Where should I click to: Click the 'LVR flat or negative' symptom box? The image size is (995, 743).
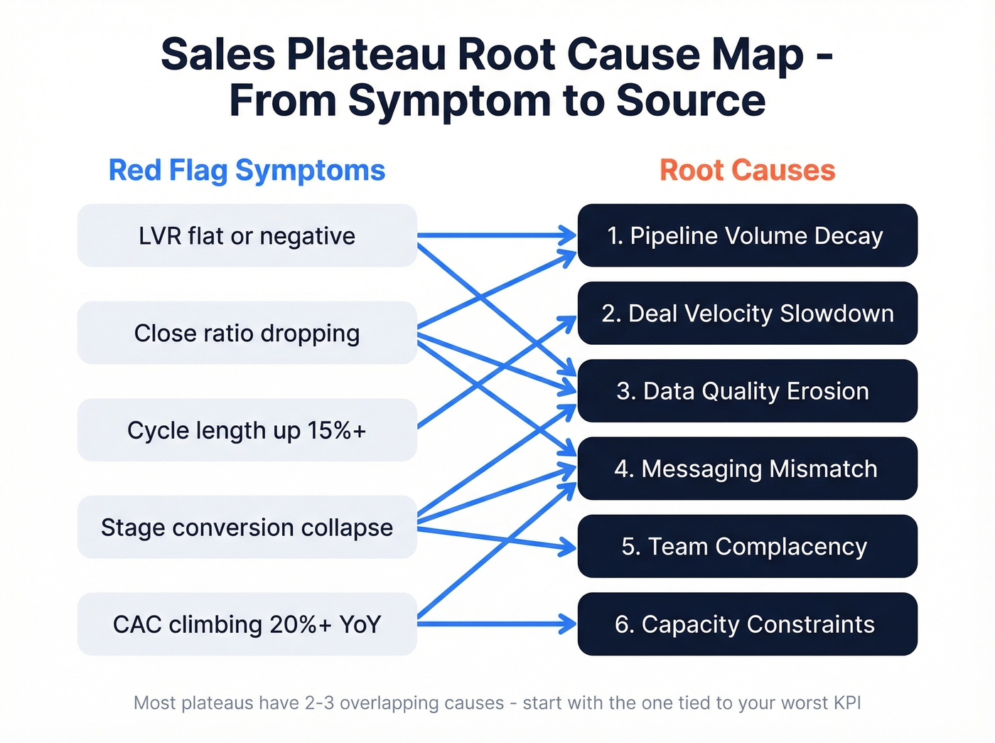click(x=247, y=235)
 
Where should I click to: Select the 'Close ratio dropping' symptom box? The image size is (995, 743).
click(x=247, y=333)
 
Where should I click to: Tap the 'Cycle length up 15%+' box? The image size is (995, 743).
click(x=247, y=430)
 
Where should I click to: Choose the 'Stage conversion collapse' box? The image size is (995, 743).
click(x=247, y=528)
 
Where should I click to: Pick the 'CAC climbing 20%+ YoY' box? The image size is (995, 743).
click(x=247, y=624)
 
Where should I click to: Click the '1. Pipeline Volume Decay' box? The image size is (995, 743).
click(x=747, y=235)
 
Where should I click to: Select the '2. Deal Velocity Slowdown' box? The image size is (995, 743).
click(x=747, y=314)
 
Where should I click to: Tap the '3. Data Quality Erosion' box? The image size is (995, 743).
click(x=747, y=391)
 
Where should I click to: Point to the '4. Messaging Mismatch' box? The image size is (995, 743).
click(x=747, y=469)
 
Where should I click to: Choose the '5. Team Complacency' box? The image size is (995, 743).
click(x=747, y=546)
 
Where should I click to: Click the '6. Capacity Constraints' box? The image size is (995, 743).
click(x=747, y=624)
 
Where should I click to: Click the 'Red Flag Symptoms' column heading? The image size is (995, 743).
click(x=247, y=171)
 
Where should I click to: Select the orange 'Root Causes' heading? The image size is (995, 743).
click(x=747, y=171)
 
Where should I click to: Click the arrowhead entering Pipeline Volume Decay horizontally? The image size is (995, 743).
click(x=569, y=235)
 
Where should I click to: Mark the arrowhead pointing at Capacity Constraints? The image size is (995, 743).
click(x=569, y=624)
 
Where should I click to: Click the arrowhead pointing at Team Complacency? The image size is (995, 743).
click(x=569, y=547)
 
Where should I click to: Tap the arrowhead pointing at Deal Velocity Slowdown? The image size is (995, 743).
click(x=569, y=322)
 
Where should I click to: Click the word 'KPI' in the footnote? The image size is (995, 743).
click(x=847, y=703)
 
